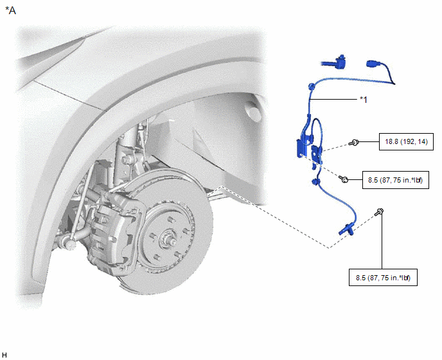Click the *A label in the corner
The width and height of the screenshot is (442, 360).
pos(10,10)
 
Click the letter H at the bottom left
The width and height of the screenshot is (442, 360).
pos(4,355)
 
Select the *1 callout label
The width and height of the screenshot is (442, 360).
pos(364,100)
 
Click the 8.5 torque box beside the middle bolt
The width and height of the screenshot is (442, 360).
pos(396,180)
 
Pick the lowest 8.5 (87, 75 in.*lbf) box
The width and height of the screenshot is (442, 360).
pos(383,278)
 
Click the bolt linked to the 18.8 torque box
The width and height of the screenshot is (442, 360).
pos(354,143)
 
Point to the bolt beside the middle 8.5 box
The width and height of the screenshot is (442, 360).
pos(344,179)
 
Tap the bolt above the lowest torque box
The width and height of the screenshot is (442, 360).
pos(379,212)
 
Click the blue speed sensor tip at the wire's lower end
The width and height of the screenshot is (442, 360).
pos(347,229)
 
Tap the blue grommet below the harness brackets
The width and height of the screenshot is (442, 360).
pos(315,181)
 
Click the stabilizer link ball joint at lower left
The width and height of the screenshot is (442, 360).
pos(71,243)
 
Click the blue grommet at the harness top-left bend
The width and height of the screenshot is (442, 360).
pos(312,86)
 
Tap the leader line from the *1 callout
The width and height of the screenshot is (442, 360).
pos(333,99)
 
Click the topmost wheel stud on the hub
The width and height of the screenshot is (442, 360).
pos(170,219)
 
